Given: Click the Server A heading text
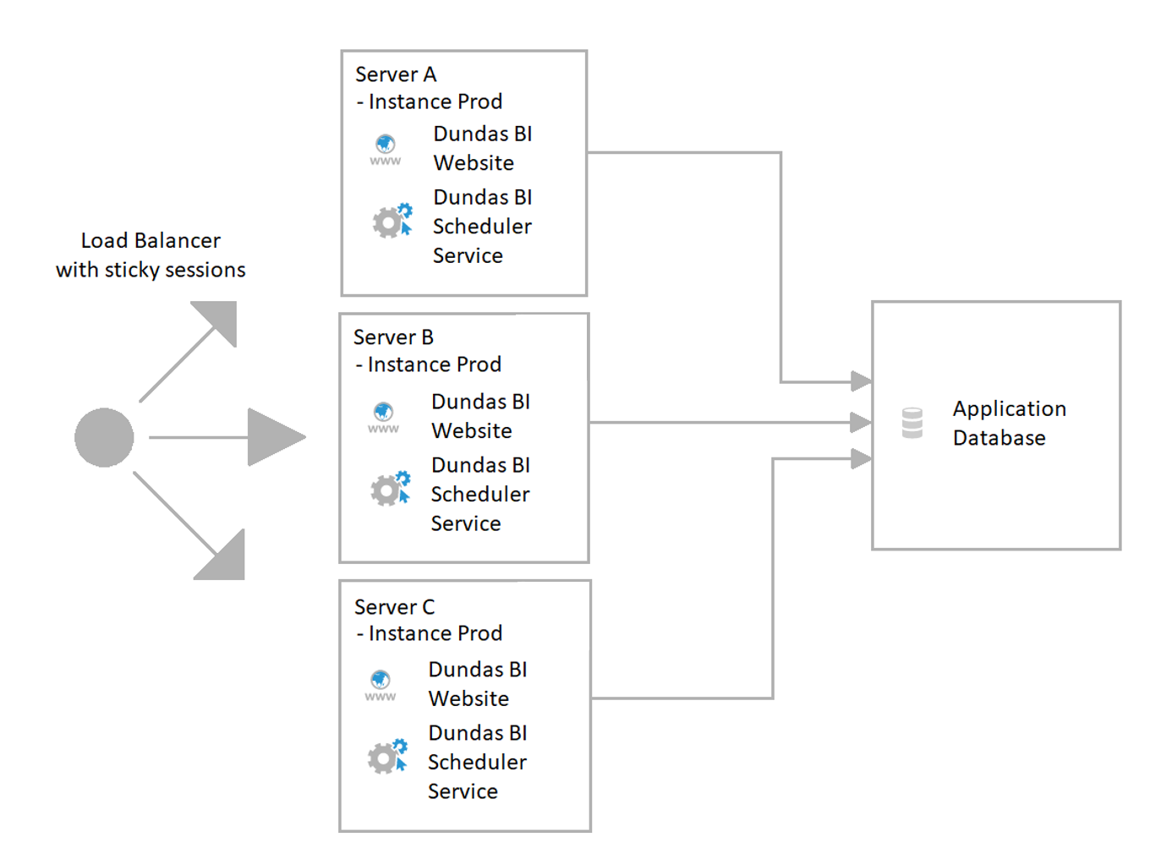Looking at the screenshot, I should pos(396,74).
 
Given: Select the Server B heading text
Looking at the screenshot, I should pos(393,337).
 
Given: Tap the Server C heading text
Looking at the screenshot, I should pos(394,607).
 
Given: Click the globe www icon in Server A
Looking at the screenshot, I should pos(386,150).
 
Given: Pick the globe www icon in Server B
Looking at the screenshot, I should pos(383,417).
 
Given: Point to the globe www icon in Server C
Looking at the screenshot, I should pos(381,685).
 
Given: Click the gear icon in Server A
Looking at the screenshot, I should pos(392,221).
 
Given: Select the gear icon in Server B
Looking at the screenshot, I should pos(390,489).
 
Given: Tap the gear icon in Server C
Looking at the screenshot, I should pos(386,757).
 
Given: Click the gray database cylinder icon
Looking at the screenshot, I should pos(912,423).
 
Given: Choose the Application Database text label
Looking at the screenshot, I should pos(1009,423).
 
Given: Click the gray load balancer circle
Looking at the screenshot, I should pos(104,437).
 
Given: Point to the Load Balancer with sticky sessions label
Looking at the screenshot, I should pos(151,255).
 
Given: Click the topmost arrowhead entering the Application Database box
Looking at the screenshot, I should pos(861,381).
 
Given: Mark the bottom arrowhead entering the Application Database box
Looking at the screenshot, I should pos(861,459).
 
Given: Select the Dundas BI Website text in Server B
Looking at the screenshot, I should pos(480,416).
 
